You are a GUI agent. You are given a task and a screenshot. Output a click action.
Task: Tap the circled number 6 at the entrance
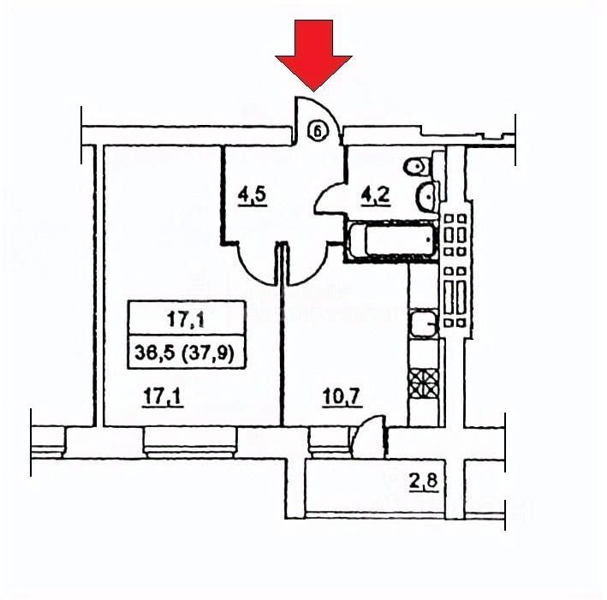pos(318,131)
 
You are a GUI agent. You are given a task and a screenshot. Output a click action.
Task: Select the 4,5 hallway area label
pos(253,194)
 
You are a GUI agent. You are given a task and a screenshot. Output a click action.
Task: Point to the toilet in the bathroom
pos(417,165)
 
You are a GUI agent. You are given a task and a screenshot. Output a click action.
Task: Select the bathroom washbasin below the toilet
pos(425,198)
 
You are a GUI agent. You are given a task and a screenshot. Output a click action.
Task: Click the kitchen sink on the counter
pos(423,324)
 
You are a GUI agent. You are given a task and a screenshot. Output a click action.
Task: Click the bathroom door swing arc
pos(329,201)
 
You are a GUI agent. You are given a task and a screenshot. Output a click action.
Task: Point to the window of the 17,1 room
pos(187,442)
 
